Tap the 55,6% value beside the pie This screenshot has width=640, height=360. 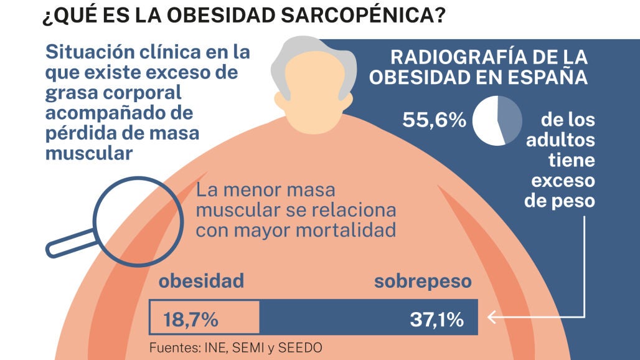(434, 120)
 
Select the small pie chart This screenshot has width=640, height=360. (497, 120)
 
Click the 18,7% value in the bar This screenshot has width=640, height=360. (191, 320)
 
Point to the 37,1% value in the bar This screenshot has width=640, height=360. (436, 320)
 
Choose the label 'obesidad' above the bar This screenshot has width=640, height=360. (201, 282)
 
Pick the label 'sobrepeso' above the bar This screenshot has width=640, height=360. (423, 282)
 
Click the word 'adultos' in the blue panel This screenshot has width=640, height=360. (560, 140)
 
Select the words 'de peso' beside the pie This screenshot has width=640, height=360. (560, 202)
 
